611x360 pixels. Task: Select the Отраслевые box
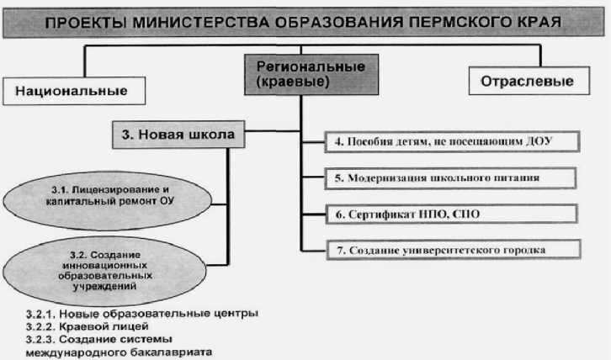527,82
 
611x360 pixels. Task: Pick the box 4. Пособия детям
453,141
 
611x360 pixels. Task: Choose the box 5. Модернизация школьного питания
453,178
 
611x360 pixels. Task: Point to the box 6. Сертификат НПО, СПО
453,214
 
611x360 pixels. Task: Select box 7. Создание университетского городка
453,250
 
